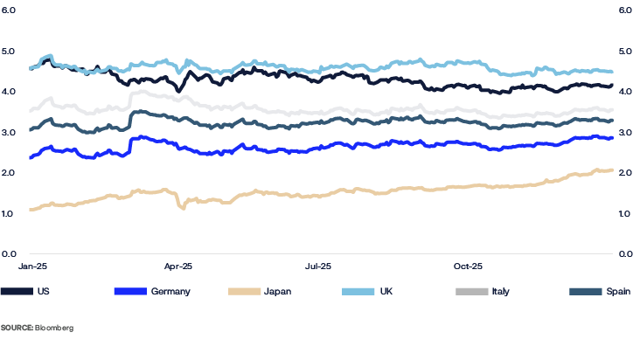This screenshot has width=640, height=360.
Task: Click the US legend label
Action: [43, 291]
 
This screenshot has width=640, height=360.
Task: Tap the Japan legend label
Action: [277, 291]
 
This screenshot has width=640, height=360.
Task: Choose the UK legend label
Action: [386, 291]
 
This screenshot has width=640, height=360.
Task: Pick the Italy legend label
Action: [501, 291]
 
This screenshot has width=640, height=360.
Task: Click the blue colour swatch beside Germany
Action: [130, 291]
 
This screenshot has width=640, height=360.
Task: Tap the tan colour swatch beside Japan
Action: [244, 291]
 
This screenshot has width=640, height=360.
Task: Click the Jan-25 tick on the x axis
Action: [31, 263]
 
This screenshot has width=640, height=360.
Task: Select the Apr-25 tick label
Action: [178, 263]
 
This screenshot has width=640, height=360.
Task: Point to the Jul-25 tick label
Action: [318, 263]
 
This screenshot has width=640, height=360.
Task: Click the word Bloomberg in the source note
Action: [54, 328]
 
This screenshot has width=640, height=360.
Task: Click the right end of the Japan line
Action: [610, 170]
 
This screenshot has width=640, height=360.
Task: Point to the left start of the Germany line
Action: [31, 158]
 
